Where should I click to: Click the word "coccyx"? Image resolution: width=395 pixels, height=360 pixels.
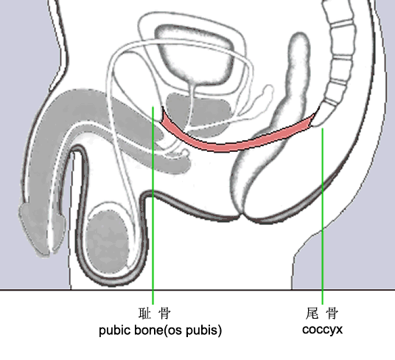tap(322, 330)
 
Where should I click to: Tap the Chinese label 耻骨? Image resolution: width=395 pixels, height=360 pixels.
tap(155, 314)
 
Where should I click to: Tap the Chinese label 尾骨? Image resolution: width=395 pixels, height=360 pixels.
tap(322, 314)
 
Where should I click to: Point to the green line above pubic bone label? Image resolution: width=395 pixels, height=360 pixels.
tap(153, 206)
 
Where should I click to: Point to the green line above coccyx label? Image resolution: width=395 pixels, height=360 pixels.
tap(322, 216)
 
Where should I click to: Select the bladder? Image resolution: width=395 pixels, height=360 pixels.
tap(195, 54)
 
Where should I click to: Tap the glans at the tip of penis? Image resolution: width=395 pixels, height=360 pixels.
tap(41, 228)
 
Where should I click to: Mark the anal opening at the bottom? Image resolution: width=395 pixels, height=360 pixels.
tap(241, 216)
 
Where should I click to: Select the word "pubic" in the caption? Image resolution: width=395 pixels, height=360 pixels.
tap(115, 330)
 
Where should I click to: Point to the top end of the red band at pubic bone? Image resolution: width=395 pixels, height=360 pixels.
tap(163, 108)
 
